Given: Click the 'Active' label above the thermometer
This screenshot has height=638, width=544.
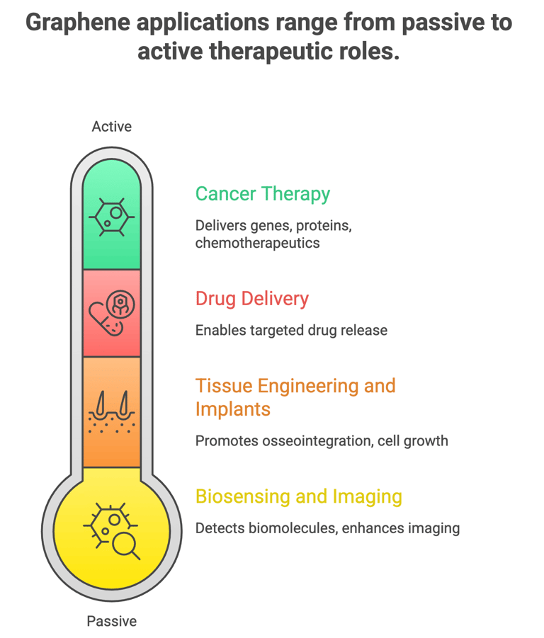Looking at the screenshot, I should coord(111,127).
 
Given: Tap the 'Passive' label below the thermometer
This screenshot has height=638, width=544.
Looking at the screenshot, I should coord(111,621).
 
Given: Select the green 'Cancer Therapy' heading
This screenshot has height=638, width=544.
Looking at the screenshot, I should coord(262,194).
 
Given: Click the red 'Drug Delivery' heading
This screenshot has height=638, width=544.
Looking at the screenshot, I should coord(251,299).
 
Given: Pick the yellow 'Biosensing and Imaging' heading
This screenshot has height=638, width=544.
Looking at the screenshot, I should coord(298,496).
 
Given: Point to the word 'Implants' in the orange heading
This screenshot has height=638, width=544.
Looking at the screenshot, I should coord(232,409).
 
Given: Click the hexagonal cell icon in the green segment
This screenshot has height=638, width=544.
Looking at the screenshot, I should coord(111,217).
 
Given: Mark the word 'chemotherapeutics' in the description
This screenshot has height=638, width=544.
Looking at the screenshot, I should coord(257,243).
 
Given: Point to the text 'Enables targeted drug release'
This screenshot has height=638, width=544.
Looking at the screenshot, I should coord(291,330).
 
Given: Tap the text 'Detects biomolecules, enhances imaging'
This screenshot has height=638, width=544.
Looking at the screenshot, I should coord(327,528).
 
